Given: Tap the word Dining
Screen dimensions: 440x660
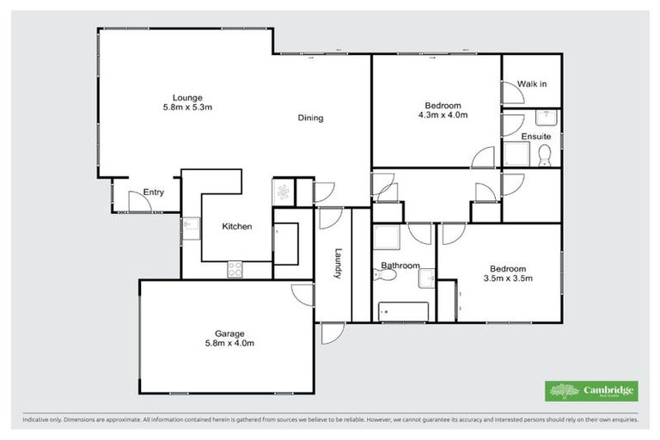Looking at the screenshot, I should [310, 118].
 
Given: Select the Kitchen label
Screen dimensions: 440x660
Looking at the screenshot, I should [236, 226].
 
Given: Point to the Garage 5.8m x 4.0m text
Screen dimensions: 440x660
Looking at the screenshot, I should [229, 338].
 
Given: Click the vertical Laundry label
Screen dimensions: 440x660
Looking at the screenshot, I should [339, 262].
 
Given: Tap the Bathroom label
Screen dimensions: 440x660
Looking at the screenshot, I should [400, 266].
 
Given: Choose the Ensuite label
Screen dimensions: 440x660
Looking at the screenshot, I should [535, 136].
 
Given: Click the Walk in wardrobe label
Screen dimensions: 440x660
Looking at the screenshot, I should [532, 83].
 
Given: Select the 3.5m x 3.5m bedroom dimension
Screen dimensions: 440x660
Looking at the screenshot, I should [508, 278].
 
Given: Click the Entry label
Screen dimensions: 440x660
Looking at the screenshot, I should [154, 192].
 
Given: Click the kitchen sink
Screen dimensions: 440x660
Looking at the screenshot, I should [187, 226].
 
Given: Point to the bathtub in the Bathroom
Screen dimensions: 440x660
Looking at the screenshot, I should [404, 309].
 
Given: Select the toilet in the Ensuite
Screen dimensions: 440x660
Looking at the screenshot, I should [543, 155].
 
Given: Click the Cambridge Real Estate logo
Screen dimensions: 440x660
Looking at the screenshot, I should [591, 390].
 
